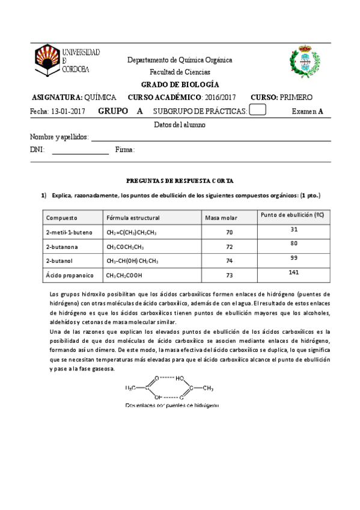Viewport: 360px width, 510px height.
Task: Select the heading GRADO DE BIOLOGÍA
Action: coord(180,85)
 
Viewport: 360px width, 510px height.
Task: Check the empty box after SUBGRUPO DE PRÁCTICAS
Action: coord(257,110)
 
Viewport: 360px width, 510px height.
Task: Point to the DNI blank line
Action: coord(80,154)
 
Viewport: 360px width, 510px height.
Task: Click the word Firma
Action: coord(125,150)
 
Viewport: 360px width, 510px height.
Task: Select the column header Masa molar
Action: coord(221,218)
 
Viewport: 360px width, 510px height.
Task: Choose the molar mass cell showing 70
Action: coord(229,232)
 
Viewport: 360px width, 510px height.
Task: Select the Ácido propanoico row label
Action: coord(68,275)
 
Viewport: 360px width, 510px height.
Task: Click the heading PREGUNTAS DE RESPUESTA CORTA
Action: coord(180,180)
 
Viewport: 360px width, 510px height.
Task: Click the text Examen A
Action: coord(307,111)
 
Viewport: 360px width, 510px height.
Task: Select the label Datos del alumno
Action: coord(180,125)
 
